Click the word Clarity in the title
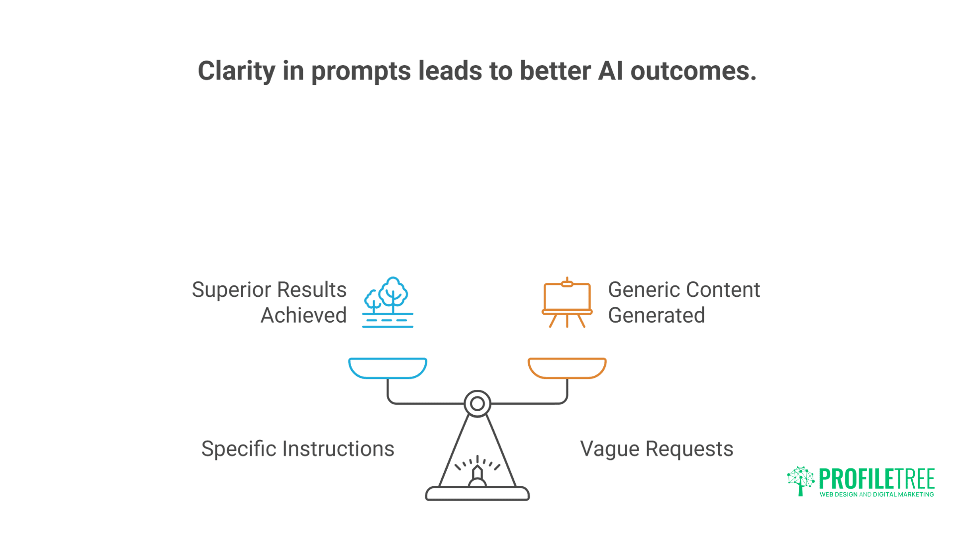[237, 71]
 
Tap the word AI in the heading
[610, 71]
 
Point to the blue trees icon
[387, 302]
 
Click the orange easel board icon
[567, 302]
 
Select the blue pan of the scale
[387, 368]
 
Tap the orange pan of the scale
[567, 368]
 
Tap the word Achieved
[303, 315]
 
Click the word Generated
[657, 315]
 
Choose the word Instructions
[339, 448]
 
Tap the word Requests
[689, 449]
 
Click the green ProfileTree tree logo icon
[800, 481]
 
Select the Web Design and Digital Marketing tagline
[877, 494]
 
